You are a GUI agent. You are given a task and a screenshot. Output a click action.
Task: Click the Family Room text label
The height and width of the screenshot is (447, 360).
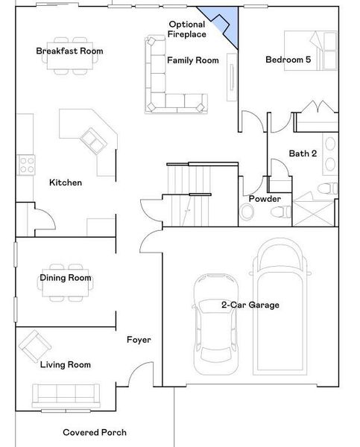point(192,60)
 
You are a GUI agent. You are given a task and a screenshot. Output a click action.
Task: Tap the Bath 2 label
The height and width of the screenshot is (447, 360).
point(303,153)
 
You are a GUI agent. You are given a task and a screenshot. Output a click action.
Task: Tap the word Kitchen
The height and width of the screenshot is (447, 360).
point(66,183)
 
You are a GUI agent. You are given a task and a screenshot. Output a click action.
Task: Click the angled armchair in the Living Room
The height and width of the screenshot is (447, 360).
point(34,344)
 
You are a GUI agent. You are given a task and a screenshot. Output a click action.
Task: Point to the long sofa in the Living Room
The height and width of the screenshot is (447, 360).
point(64,393)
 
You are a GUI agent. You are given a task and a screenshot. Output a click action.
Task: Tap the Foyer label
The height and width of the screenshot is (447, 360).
point(139,340)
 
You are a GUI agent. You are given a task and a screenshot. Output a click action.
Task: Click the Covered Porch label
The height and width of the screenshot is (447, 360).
point(94,432)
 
